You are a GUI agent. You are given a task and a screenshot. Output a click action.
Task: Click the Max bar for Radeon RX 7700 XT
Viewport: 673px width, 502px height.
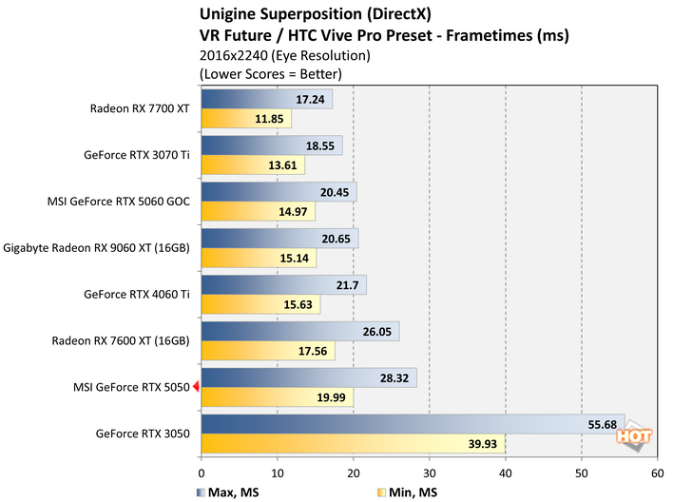(266, 99)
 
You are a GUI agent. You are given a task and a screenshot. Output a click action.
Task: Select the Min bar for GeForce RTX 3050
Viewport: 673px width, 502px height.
(353, 445)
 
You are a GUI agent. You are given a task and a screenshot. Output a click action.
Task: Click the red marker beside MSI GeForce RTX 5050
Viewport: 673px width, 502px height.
(196, 386)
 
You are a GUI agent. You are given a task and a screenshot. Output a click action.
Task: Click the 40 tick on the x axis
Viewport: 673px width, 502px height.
(505, 471)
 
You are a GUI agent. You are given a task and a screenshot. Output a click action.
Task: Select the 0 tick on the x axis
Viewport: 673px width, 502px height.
(202, 471)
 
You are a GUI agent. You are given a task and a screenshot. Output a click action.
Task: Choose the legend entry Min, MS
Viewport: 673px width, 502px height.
(410, 492)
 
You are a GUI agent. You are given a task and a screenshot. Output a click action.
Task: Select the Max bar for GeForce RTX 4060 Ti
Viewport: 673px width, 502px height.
(283, 285)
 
